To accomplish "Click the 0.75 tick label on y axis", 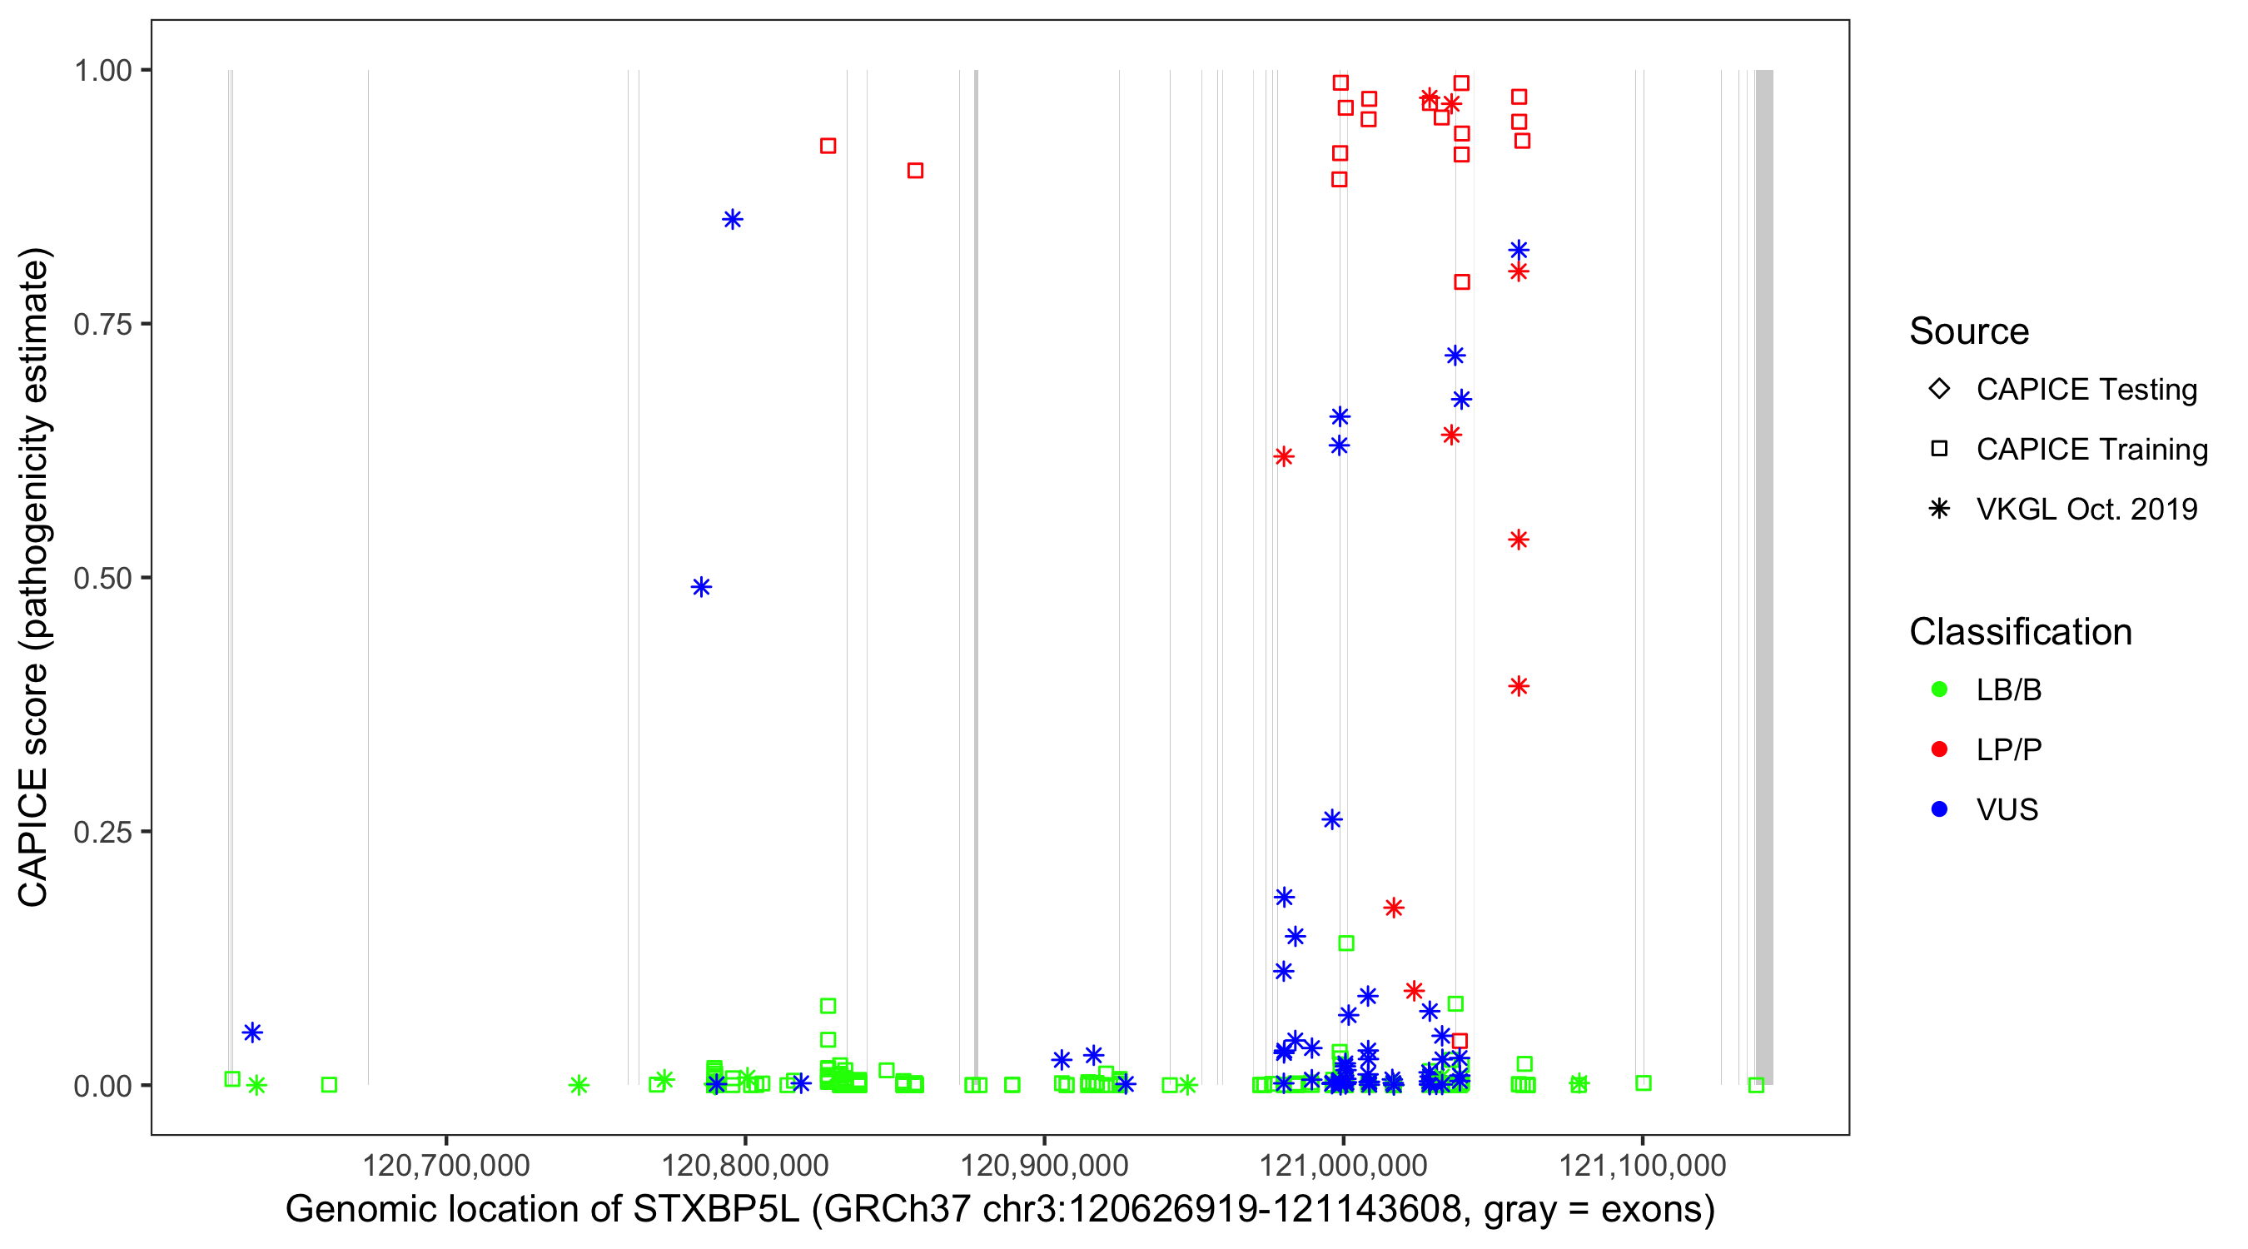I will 102,324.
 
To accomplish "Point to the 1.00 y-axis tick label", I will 102,70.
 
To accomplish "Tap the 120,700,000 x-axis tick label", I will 445,1165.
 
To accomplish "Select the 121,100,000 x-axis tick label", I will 1643,1165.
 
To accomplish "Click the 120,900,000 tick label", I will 1044,1165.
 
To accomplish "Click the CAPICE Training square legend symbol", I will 1939,450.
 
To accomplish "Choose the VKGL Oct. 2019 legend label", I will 2086,510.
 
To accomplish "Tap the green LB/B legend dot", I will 1939,689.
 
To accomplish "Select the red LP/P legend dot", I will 1939,749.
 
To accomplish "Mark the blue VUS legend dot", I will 1939,810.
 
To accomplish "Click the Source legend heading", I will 1969,331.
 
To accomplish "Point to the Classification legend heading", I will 2020,632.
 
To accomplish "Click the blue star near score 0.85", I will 732,219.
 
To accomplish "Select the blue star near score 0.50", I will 701,586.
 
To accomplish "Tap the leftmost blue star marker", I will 252,1033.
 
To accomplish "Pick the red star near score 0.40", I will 1519,686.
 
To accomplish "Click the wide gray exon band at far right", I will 1763,576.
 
